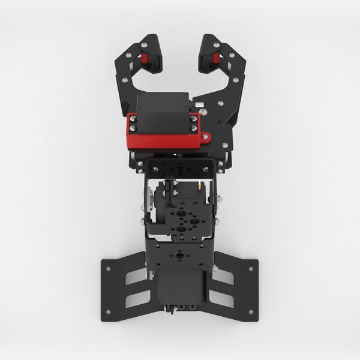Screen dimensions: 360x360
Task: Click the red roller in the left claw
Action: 144,59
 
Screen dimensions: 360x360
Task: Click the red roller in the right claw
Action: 215,59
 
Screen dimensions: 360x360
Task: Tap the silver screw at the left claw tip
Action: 144,45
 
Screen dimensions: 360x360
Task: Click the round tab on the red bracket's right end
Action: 206,137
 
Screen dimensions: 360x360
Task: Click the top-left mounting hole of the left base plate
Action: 109,268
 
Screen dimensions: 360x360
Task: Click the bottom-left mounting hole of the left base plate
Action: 109,311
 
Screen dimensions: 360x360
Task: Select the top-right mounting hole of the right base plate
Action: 250,268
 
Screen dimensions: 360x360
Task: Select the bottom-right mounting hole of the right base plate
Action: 250,311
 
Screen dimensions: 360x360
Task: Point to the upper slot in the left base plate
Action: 136,277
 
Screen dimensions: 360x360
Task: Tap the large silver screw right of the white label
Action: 203,112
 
